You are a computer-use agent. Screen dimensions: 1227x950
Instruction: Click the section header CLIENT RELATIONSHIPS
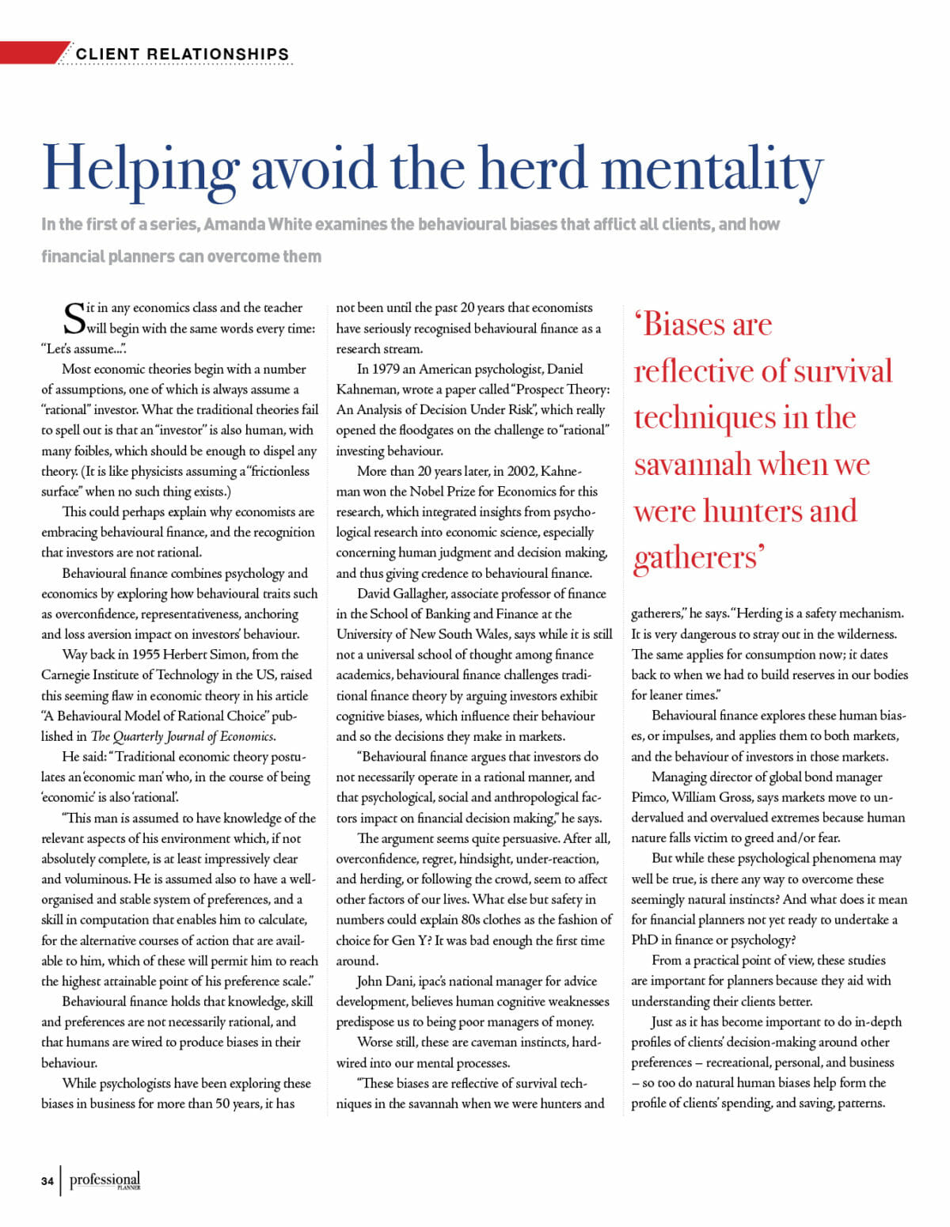tap(183, 54)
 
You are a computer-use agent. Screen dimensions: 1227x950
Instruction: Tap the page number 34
tap(47, 1181)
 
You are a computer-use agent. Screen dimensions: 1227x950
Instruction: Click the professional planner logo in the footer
tap(104, 1180)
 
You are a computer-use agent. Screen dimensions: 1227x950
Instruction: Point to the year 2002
tap(519, 471)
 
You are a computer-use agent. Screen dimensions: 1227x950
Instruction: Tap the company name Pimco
tap(649, 797)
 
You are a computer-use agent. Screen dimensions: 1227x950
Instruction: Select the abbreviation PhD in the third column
tap(644, 940)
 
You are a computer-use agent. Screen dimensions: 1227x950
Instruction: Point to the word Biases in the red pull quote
tap(707, 325)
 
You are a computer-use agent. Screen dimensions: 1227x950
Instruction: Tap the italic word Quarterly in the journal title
tap(146, 736)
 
